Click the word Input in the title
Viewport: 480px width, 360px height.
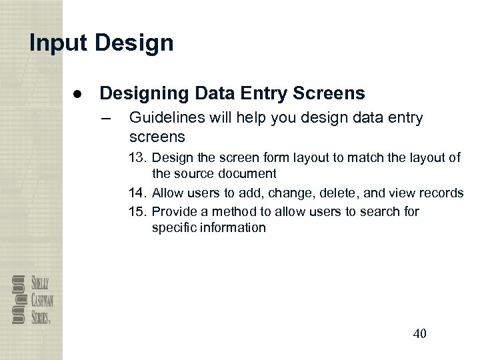point(59,43)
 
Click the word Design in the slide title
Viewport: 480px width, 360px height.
point(134,43)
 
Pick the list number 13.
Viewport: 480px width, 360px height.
point(138,158)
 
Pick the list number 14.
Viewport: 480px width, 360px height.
point(138,193)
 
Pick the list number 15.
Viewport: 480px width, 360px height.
point(138,211)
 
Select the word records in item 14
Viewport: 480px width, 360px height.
point(443,193)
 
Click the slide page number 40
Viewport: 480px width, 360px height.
point(419,334)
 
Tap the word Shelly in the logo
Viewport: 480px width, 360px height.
point(38,281)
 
